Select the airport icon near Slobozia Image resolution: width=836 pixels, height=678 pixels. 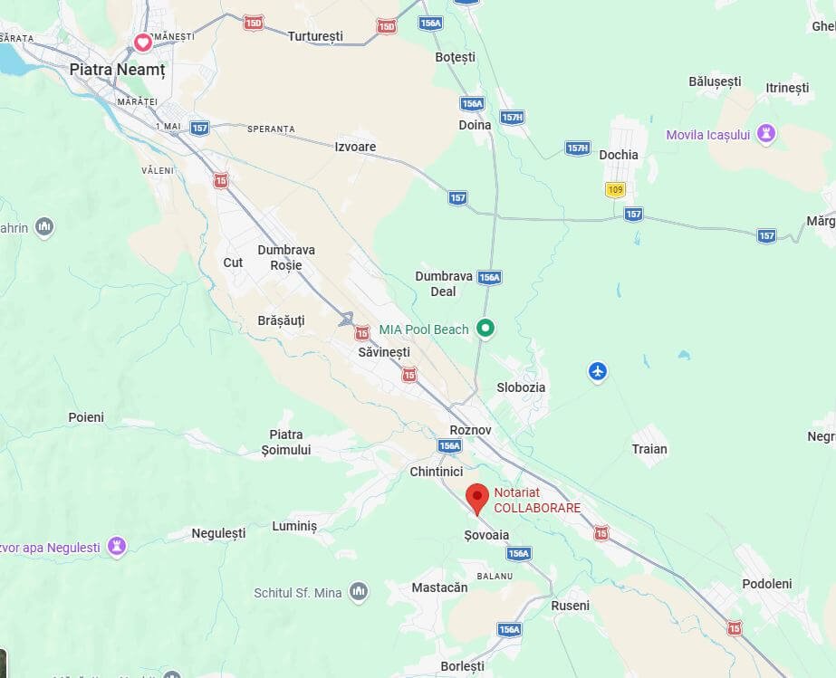click(597, 371)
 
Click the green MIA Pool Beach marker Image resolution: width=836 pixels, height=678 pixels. click(486, 329)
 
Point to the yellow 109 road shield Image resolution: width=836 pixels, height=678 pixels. click(616, 189)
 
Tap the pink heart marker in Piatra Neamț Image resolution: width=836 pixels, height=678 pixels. click(142, 43)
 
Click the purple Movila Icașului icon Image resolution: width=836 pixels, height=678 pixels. click(766, 135)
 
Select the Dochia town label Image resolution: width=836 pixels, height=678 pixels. click(619, 155)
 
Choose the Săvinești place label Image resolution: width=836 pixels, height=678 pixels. click(384, 351)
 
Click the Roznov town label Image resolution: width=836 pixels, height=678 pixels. click(470, 430)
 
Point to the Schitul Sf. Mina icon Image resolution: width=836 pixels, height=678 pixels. click(359, 592)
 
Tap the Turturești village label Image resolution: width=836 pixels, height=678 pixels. click(315, 36)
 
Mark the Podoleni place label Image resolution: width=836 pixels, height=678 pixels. click(766, 584)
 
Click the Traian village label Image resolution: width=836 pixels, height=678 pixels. click(649, 449)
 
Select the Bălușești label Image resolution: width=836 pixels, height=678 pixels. click(715, 81)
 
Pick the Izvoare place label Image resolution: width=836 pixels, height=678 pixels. click(355, 147)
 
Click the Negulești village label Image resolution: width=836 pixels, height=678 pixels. click(218, 533)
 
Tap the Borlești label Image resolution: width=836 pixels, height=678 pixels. click(462, 666)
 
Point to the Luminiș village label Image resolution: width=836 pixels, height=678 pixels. click(295, 526)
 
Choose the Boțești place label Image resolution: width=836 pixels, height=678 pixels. click(455, 57)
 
